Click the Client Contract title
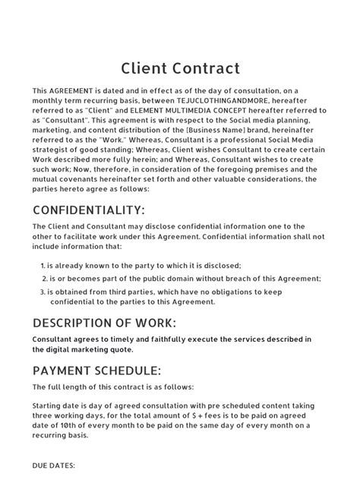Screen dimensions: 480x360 pyautogui.click(x=180, y=68)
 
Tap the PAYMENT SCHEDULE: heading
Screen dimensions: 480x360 pyautogui.click(x=96, y=371)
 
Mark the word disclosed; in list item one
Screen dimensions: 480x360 pyautogui.click(x=220, y=265)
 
